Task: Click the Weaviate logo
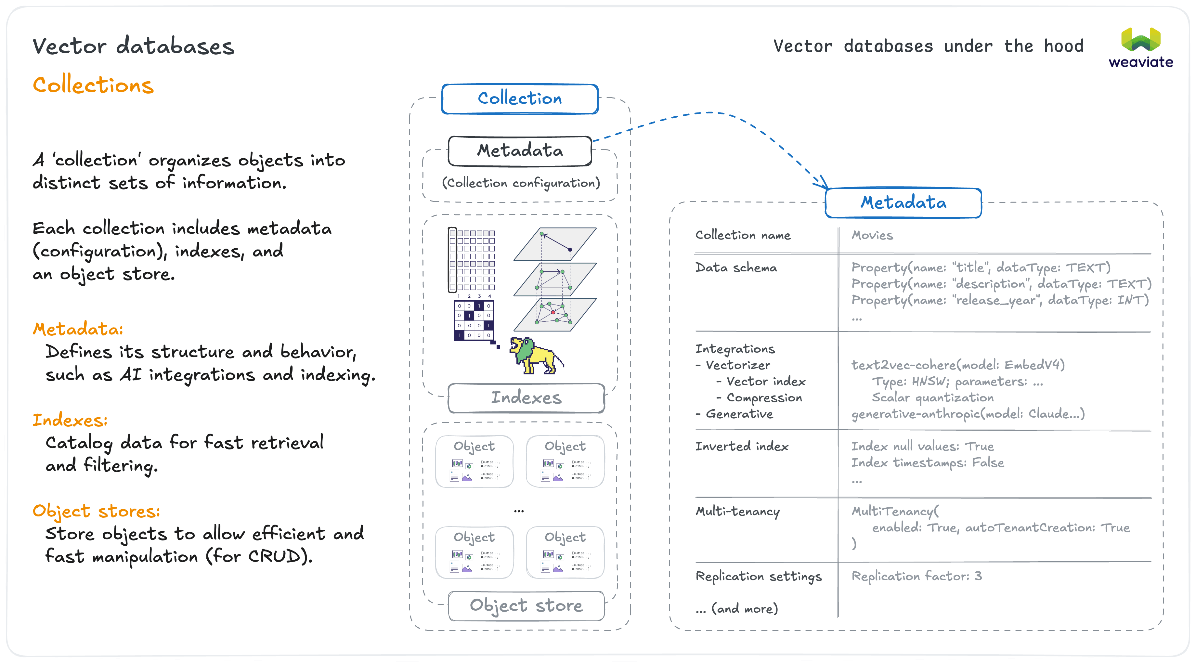tap(1140, 48)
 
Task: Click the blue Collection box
tap(520, 98)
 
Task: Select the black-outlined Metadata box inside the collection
tap(520, 150)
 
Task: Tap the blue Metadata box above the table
tap(903, 202)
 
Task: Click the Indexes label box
tap(526, 397)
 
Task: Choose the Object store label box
tap(526, 605)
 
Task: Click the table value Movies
tap(872, 235)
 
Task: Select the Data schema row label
tap(735, 268)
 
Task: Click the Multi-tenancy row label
tap(737, 512)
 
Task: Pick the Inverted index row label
tap(741, 447)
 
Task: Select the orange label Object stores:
tap(96, 511)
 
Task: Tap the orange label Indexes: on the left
tap(70, 420)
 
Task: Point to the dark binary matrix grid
tap(474, 320)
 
